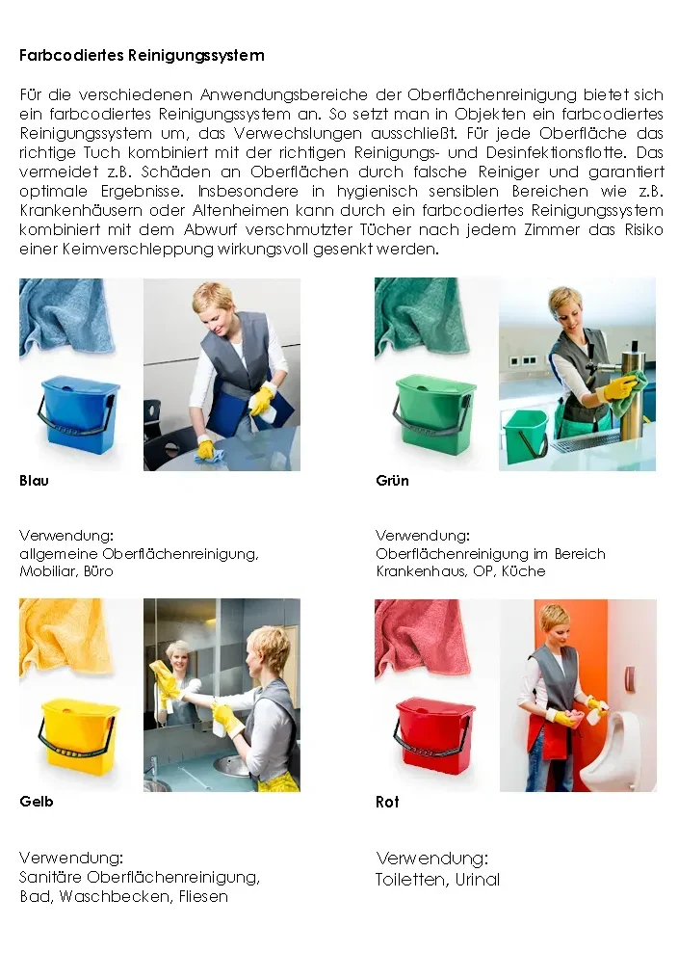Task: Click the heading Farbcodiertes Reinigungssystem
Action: (143, 56)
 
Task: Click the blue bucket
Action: (79, 410)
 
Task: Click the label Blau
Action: (35, 481)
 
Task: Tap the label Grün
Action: (393, 481)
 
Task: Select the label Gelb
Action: (37, 802)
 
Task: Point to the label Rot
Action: (387, 802)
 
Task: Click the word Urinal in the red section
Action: (478, 880)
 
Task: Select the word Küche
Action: (524, 571)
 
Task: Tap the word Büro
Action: (98, 571)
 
